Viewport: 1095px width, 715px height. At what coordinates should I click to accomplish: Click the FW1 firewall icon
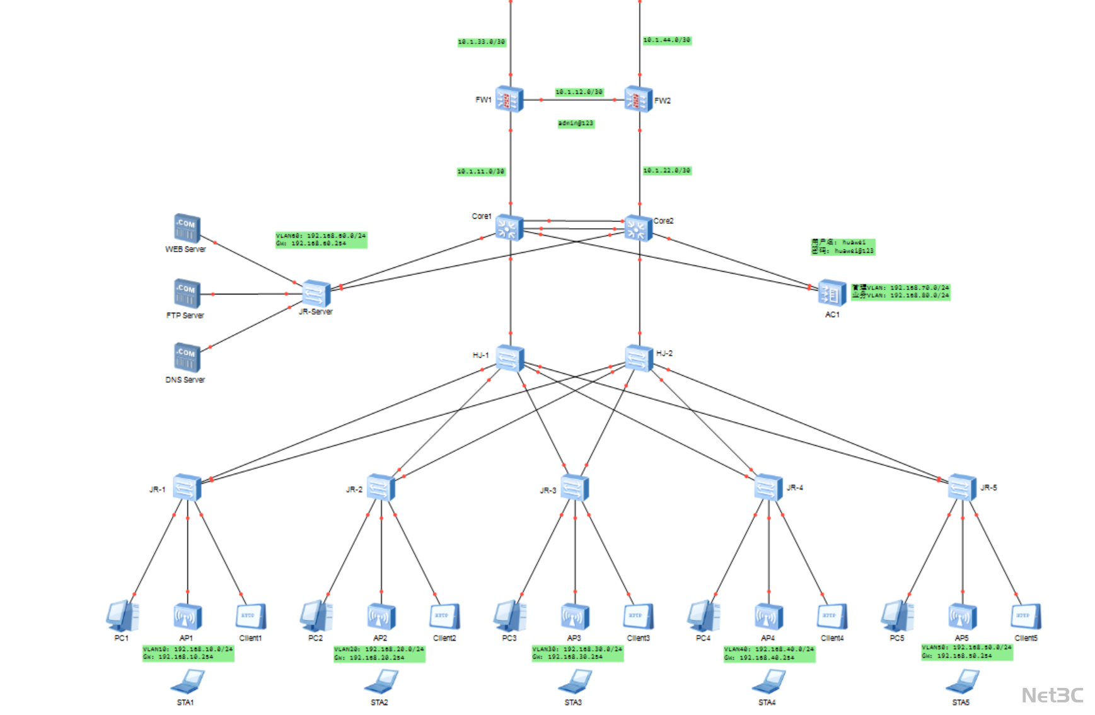pyautogui.click(x=509, y=99)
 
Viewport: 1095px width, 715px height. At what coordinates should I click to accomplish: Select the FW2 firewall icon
pyautogui.click(x=638, y=100)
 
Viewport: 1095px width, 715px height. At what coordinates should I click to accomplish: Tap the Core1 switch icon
pyautogui.click(x=509, y=228)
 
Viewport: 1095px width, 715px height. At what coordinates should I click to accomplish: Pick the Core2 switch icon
pyautogui.click(x=638, y=228)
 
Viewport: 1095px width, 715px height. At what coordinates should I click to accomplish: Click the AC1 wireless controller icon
pyautogui.click(x=831, y=293)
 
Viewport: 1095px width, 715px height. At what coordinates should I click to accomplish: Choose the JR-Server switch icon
pyautogui.click(x=316, y=293)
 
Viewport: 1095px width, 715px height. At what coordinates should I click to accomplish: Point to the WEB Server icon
pyautogui.click(x=187, y=228)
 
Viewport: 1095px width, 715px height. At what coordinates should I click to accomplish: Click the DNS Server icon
pyautogui.click(x=187, y=357)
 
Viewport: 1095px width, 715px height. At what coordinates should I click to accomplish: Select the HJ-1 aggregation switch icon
pyautogui.click(x=509, y=358)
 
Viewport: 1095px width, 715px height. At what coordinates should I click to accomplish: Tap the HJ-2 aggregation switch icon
pyautogui.click(x=639, y=357)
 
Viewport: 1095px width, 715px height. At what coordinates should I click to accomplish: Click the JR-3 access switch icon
pyautogui.click(x=574, y=487)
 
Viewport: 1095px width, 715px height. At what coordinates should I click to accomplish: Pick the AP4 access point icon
pyautogui.click(x=768, y=617)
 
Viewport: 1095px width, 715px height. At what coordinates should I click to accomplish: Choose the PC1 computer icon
pyautogui.click(x=122, y=616)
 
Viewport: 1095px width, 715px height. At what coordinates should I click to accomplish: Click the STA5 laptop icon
pyautogui.click(x=962, y=682)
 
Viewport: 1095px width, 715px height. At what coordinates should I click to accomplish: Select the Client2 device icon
pyautogui.click(x=444, y=616)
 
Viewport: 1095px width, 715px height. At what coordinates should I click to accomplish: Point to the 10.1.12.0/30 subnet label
pyautogui.click(x=579, y=92)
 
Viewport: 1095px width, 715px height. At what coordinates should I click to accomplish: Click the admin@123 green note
pyautogui.click(x=576, y=124)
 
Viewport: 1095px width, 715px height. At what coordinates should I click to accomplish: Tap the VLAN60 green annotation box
pyautogui.click(x=321, y=240)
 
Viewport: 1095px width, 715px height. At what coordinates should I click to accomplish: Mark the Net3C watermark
pyautogui.click(x=1052, y=695)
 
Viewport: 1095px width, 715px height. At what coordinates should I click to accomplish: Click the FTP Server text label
pyautogui.click(x=185, y=315)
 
